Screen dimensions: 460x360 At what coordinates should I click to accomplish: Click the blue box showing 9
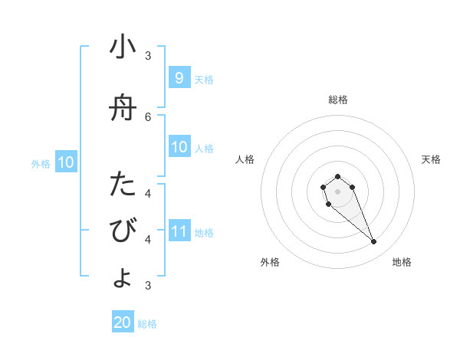point(179,77)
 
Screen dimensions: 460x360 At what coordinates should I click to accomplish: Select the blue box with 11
point(179,231)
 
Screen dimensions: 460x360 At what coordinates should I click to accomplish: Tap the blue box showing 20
point(123,322)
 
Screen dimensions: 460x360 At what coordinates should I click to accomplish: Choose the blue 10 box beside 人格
point(179,146)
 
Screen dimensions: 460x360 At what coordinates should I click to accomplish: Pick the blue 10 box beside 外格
point(65,162)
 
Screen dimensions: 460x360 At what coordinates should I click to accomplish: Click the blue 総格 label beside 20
point(147,324)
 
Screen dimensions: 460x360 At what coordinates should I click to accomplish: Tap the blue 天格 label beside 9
point(204,79)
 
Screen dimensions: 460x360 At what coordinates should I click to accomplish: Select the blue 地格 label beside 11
point(204,232)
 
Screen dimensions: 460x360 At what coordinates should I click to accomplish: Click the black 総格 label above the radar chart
point(337,100)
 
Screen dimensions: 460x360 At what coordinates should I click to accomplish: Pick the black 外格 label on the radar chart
point(270,262)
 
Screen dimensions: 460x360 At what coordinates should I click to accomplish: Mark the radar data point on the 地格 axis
point(374,242)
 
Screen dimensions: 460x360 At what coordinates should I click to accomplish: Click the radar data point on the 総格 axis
point(337,176)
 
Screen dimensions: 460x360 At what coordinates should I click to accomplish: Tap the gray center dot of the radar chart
point(337,191)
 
